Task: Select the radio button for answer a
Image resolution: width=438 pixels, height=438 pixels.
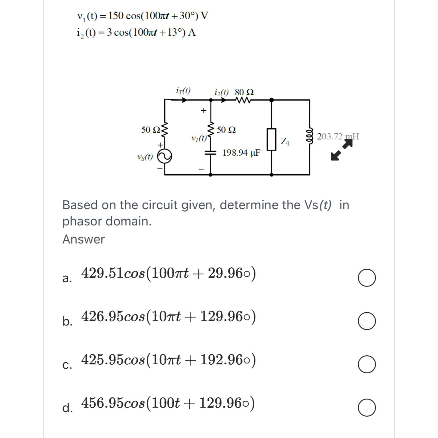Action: coord(366,278)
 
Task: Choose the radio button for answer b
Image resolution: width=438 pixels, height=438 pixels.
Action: coord(366,321)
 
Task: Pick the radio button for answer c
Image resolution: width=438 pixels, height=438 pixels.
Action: coord(366,364)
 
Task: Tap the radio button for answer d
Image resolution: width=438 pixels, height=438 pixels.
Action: coord(366,408)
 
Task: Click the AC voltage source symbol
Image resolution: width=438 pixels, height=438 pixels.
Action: coord(165,156)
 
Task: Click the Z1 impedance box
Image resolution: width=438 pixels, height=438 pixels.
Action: coord(271,139)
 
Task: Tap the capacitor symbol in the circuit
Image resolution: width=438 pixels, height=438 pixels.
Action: coord(210,153)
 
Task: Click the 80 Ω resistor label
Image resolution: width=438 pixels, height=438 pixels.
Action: coord(244,92)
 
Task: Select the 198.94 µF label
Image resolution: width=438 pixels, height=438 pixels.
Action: coord(241,153)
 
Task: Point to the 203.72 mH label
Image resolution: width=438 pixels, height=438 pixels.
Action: coord(338,136)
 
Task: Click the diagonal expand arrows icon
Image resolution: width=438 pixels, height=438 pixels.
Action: coord(341,150)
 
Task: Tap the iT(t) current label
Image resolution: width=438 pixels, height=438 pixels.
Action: coord(183,91)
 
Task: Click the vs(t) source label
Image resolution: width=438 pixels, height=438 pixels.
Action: coord(145,157)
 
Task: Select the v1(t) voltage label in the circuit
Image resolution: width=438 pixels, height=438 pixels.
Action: coord(198,139)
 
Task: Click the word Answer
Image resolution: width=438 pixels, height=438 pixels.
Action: coord(84,239)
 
